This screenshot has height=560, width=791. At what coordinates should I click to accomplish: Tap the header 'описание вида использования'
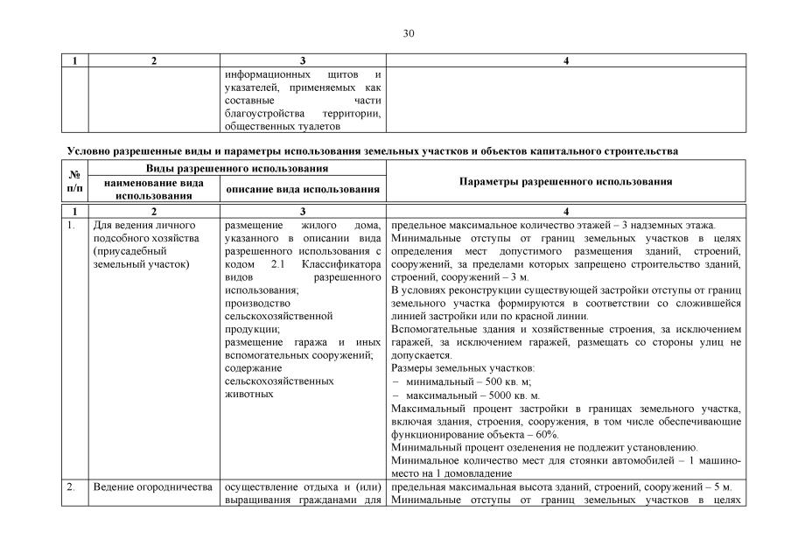pyautogui.click(x=303, y=189)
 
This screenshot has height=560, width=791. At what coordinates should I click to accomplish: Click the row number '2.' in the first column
pyautogui.click(x=72, y=486)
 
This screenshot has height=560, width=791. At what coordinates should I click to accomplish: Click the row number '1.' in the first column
pyautogui.click(x=71, y=225)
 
